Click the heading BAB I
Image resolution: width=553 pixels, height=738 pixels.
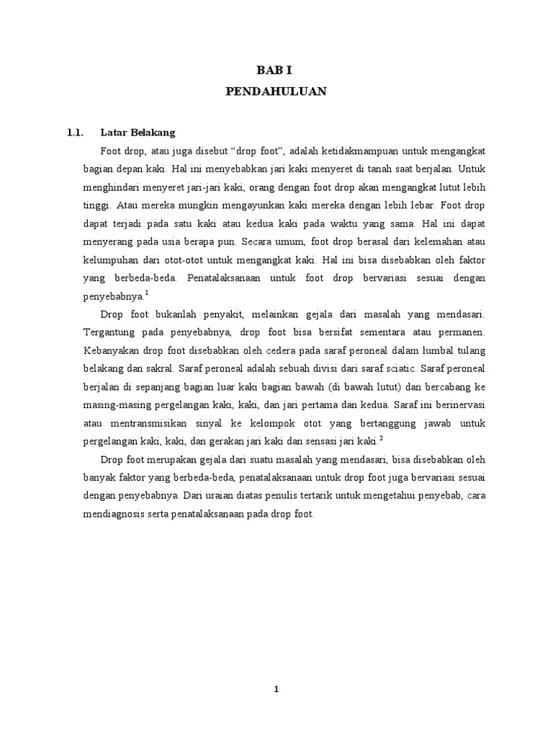click(x=276, y=70)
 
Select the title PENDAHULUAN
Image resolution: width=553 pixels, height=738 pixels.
click(x=276, y=92)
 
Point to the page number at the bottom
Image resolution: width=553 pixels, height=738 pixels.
click(x=276, y=689)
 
